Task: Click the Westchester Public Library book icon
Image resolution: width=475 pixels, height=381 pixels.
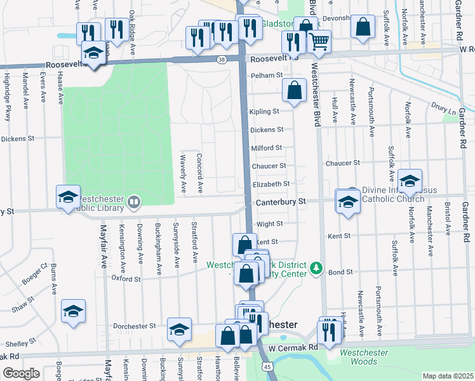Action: click(133, 203)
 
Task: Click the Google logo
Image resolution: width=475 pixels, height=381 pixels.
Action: click(21, 373)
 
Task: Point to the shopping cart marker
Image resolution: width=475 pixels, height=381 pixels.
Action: click(319, 41)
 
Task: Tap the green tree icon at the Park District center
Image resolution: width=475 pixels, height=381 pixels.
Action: click(316, 269)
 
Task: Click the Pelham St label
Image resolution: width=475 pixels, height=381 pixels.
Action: click(267, 76)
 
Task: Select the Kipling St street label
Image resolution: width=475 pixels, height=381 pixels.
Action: click(265, 112)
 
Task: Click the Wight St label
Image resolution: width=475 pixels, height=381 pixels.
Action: click(270, 224)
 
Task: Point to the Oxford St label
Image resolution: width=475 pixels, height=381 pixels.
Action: click(125, 278)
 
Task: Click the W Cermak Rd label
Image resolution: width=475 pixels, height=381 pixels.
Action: click(293, 348)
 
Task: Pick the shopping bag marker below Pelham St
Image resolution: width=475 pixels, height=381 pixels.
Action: click(295, 91)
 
